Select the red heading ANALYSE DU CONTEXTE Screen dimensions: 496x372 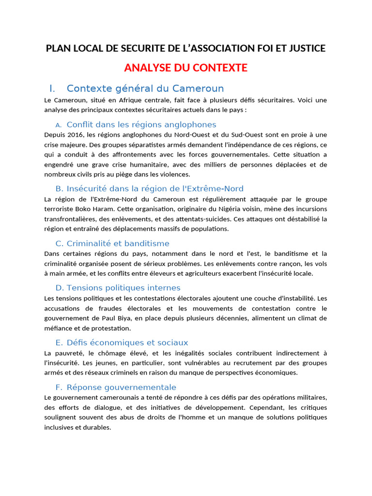[186, 68]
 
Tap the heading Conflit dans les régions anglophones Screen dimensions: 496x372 [141, 124]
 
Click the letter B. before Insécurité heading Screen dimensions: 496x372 [60, 188]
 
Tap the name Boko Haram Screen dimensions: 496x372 [92, 209]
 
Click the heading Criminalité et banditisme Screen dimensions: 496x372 [118, 243]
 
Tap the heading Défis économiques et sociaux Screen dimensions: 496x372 [127, 342]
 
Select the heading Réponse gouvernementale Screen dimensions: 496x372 [121, 387]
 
